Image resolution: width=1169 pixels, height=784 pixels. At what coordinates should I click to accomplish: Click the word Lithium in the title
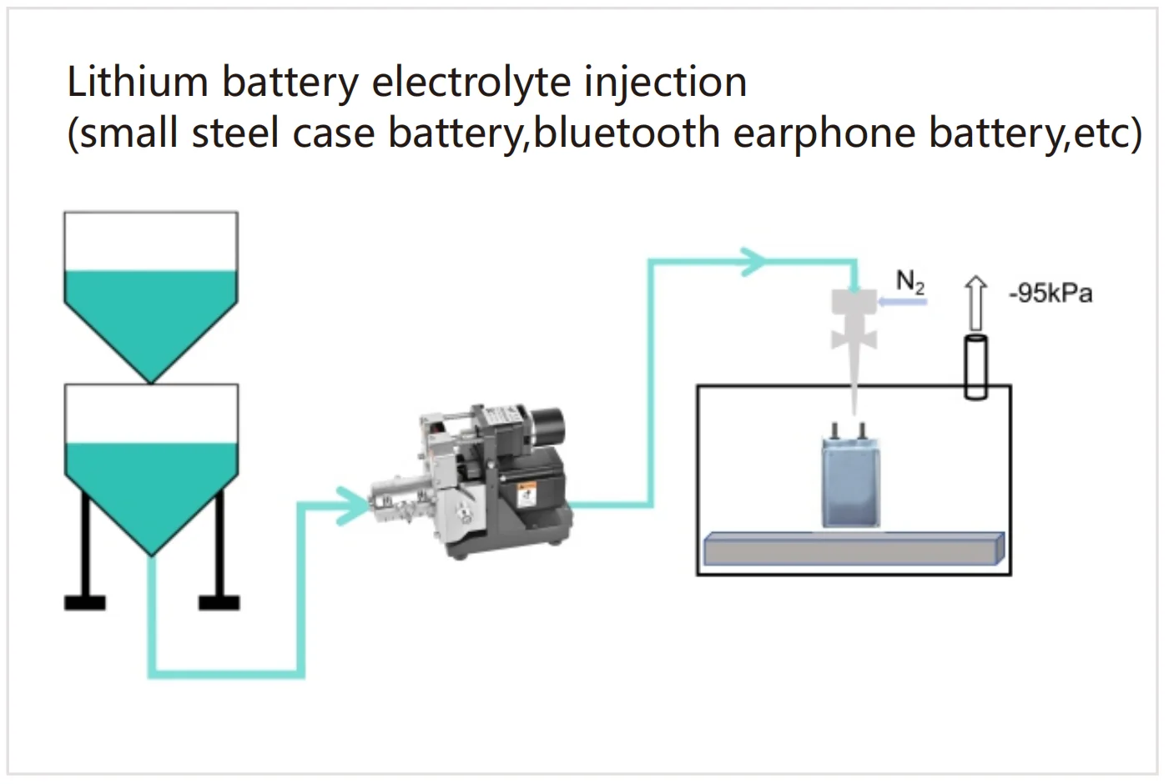tap(137, 83)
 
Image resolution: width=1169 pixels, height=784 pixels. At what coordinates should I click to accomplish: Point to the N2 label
tap(910, 282)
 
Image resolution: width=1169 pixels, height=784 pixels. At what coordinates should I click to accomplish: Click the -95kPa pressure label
tap(1050, 294)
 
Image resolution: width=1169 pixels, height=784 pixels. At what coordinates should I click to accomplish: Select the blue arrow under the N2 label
tap(903, 302)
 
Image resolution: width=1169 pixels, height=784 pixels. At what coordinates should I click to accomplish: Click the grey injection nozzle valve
tap(854, 321)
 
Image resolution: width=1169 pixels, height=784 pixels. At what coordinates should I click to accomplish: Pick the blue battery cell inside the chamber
tap(851, 484)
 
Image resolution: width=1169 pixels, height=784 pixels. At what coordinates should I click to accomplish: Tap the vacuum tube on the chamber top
tap(975, 367)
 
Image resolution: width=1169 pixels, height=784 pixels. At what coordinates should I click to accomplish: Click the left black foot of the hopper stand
tap(85, 601)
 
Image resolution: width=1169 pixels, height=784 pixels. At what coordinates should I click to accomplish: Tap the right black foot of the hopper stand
tap(219, 601)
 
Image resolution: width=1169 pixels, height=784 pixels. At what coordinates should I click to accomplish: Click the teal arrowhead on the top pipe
tap(753, 261)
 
